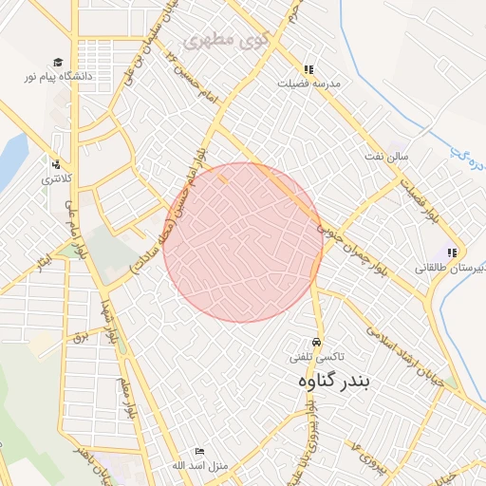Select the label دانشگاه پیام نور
64,74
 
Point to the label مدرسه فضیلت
308,83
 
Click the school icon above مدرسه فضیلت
308,69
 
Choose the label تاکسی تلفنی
317,357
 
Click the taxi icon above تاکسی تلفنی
316,343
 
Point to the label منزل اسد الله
172,465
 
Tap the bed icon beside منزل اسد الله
198,452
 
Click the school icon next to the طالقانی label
452,252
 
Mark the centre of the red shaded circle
243,242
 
